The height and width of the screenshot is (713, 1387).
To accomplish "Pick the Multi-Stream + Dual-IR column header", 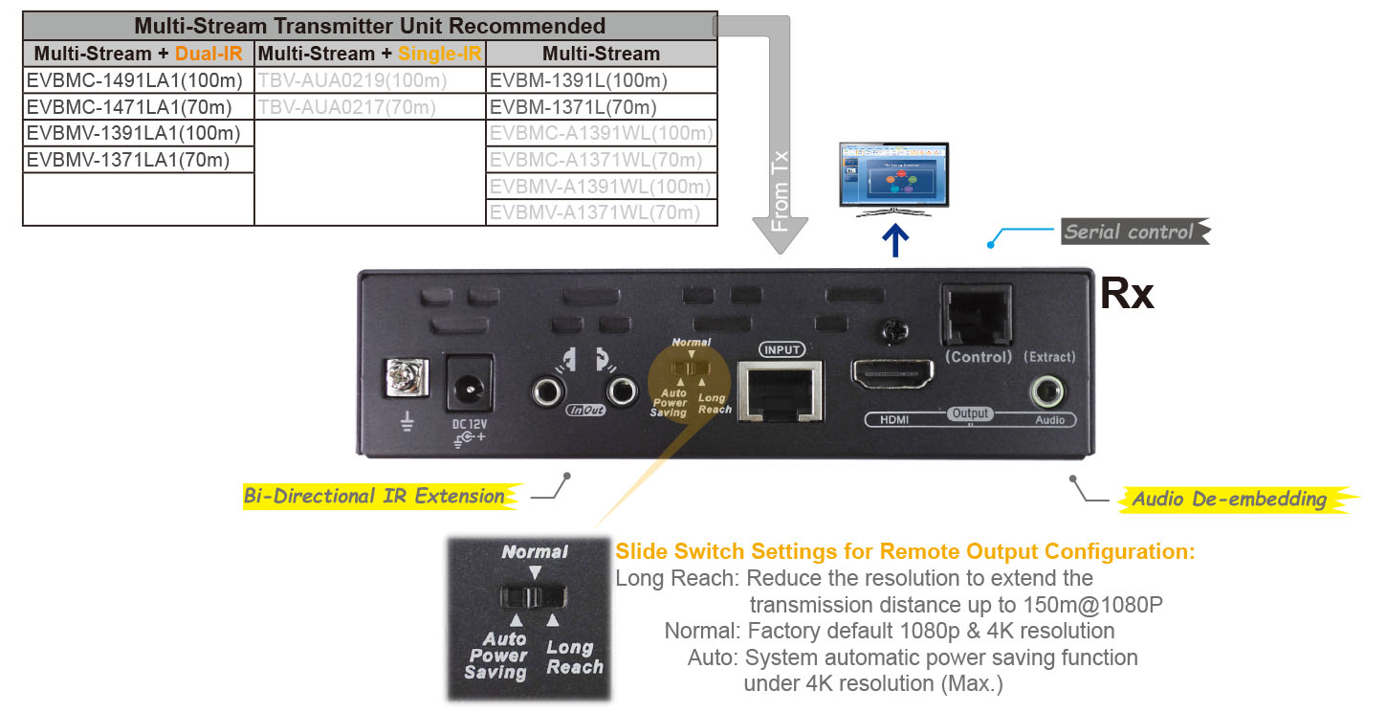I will click(138, 54).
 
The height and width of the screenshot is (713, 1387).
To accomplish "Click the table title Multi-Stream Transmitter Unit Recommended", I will click(369, 26).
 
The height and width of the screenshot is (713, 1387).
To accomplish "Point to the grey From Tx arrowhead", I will click(781, 234).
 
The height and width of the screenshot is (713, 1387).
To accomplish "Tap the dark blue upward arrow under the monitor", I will click(894, 240).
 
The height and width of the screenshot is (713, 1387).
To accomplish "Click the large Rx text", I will click(1127, 293).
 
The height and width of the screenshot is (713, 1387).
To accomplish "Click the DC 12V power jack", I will click(469, 388).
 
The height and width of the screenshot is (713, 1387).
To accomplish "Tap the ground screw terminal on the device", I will click(403, 379).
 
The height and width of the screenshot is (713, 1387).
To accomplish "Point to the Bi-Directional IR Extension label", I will click(375, 496).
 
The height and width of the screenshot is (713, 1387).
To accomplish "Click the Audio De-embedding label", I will click(1229, 499).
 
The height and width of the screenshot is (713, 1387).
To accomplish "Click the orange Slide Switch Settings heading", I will click(905, 552).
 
